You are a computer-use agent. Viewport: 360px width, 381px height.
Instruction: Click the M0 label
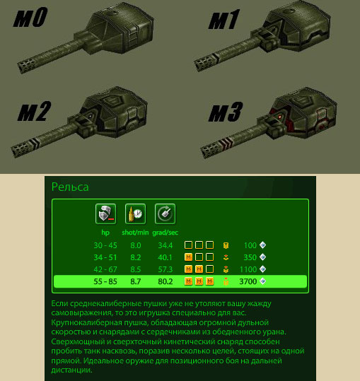click(x=30, y=17)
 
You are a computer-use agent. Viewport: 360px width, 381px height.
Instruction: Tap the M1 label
click(x=224, y=20)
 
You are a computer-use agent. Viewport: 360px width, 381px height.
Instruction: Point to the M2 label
click(x=34, y=111)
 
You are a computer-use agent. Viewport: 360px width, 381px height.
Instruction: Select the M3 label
click(x=226, y=112)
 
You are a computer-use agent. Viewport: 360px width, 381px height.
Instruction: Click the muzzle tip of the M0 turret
click(x=21, y=67)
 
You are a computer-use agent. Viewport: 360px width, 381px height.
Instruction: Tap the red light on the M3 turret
click(x=280, y=117)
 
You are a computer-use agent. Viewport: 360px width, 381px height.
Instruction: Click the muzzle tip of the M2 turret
click(x=15, y=152)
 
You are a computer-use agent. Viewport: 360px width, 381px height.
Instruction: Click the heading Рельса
click(x=70, y=187)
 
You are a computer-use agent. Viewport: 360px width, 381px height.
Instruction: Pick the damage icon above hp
click(x=106, y=214)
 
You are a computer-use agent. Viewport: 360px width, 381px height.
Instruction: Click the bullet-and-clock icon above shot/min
click(x=135, y=214)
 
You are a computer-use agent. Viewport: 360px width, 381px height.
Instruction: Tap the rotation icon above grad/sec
click(x=165, y=214)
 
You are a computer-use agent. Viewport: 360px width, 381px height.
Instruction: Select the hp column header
click(x=105, y=233)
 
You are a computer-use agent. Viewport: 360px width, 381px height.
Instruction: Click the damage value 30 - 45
click(x=105, y=245)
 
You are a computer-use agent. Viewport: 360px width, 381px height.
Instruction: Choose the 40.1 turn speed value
click(x=165, y=257)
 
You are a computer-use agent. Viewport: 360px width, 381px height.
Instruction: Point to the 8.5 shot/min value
click(x=135, y=269)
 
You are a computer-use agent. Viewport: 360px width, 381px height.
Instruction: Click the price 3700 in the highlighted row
click(x=248, y=281)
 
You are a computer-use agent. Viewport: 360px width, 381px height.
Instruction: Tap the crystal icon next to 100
click(x=262, y=245)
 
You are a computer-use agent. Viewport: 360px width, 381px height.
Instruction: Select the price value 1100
click(x=248, y=269)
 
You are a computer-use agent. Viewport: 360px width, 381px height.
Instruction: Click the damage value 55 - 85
click(x=105, y=281)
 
